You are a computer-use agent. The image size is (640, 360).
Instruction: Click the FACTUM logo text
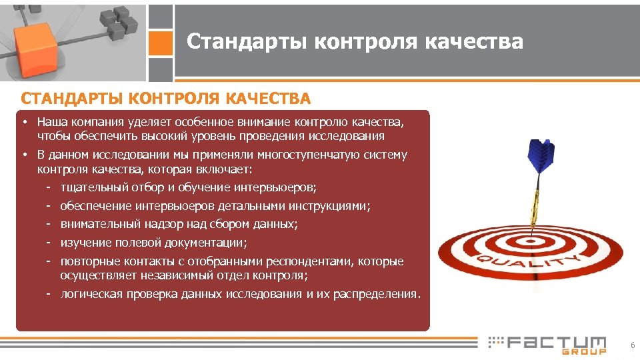click(x=557, y=343)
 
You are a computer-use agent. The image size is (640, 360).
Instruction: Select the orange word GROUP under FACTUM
click(x=584, y=351)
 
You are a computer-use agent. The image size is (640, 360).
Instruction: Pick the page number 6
click(x=632, y=345)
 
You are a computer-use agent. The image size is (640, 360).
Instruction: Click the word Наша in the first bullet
click(x=50, y=123)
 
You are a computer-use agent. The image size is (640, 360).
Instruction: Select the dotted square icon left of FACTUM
click(x=495, y=343)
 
